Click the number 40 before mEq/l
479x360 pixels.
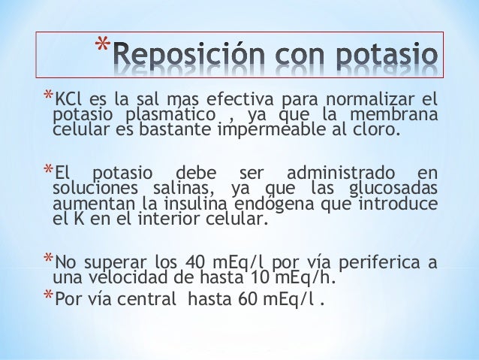click(194, 264)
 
